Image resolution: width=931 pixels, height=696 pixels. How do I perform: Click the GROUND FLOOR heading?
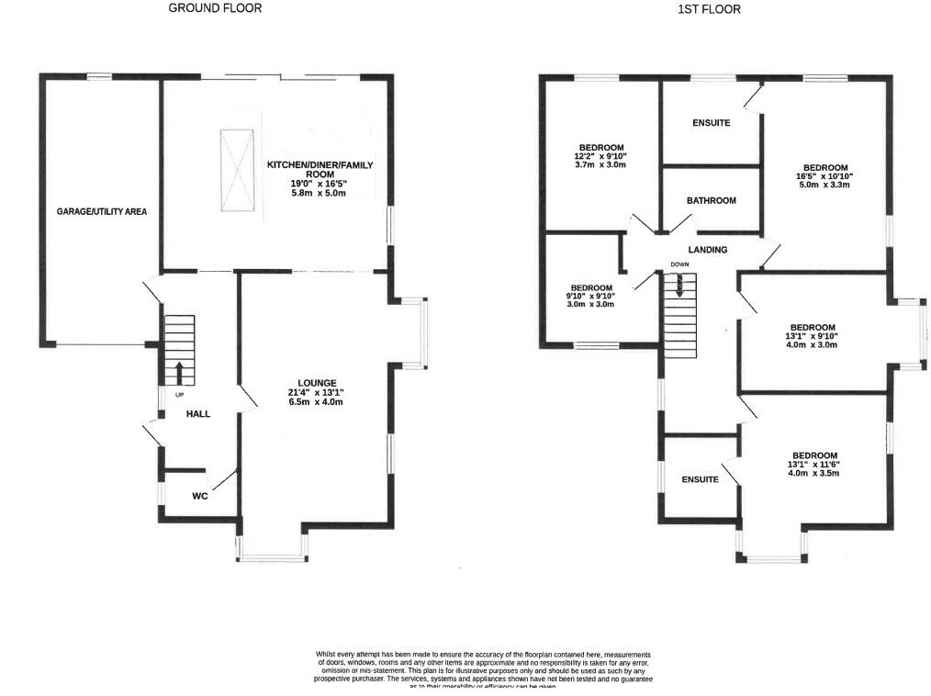point(215,8)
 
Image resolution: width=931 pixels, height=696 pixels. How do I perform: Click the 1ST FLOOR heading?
point(709,9)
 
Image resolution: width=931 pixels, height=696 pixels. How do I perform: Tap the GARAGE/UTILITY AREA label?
point(101,211)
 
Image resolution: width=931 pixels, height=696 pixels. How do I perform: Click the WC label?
point(202,496)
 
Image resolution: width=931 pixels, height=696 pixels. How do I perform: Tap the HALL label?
point(198,414)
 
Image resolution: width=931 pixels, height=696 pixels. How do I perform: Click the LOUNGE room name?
point(317,383)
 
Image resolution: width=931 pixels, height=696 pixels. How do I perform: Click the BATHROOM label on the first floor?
point(711,201)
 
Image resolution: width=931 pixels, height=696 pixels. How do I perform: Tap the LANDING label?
point(707,250)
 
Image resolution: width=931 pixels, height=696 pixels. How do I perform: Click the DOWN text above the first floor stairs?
point(679,264)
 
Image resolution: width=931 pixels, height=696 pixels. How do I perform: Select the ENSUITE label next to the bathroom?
point(711,123)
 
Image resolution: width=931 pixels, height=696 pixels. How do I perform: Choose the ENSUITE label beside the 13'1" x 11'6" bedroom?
point(700,480)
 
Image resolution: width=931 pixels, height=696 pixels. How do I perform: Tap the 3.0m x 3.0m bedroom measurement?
point(588,304)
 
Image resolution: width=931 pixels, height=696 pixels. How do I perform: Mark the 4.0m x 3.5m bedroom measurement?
point(813,474)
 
